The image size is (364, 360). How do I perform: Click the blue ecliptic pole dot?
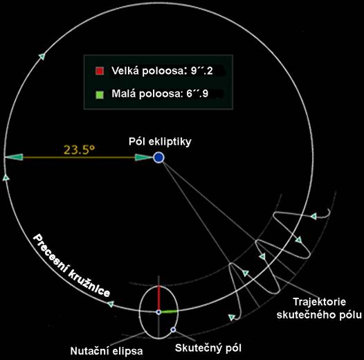(x=158, y=158)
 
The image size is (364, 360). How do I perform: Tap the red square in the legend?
(x=100, y=71)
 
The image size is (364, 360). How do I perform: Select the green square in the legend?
(x=100, y=95)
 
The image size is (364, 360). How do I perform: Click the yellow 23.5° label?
(x=80, y=150)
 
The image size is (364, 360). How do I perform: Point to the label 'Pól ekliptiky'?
(x=160, y=141)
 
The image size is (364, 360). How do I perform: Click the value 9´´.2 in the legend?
(x=202, y=71)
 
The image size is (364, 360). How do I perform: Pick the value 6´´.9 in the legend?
(x=197, y=93)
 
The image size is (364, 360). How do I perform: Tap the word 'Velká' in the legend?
(x=125, y=71)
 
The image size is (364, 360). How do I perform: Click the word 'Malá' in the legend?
(x=123, y=93)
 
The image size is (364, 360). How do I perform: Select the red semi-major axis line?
(x=158, y=298)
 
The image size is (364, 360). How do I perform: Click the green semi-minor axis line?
(x=169, y=312)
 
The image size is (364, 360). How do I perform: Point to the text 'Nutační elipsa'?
(x=107, y=351)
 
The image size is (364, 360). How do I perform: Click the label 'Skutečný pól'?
(x=208, y=348)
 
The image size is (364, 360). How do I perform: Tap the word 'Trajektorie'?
(x=320, y=302)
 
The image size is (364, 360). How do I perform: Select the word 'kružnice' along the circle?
(x=89, y=284)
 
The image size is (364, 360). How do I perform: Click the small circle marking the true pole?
(x=173, y=330)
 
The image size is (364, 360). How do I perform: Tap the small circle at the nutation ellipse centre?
(x=158, y=312)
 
